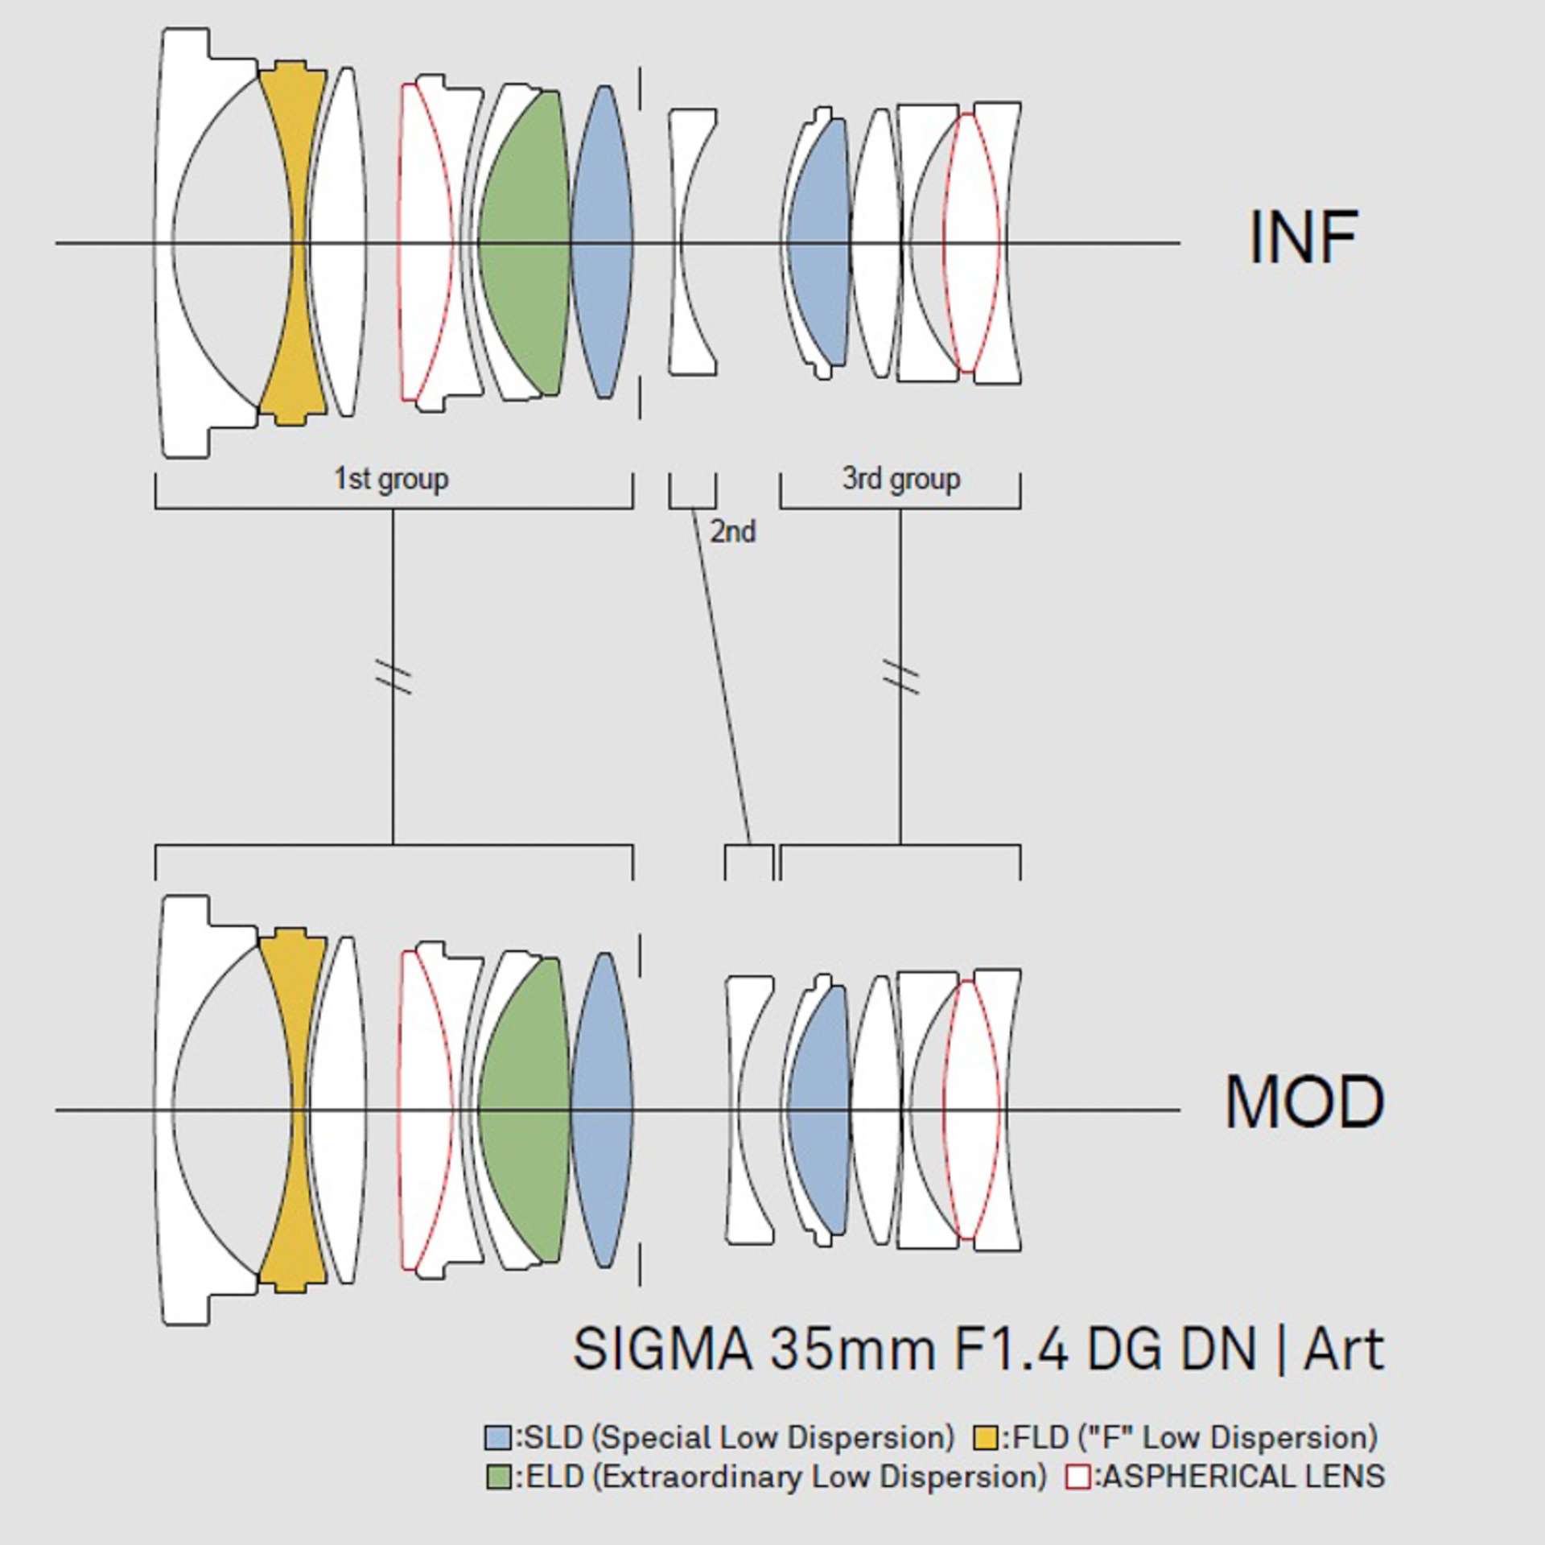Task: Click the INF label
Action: pyautogui.click(x=1303, y=237)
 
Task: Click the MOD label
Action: pyautogui.click(x=1304, y=1102)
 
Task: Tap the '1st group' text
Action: pyautogui.click(x=391, y=479)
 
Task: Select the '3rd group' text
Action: pyautogui.click(x=901, y=479)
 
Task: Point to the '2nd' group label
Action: pyautogui.click(x=732, y=532)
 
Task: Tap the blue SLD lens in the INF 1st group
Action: pyautogui.click(x=602, y=241)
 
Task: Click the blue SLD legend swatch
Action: pyautogui.click(x=498, y=1437)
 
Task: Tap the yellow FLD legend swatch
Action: pyautogui.click(x=986, y=1437)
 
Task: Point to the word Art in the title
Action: pyautogui.click(x=1344, y=1349)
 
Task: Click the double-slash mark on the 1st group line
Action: pyautogui.click(x=393, y=676)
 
